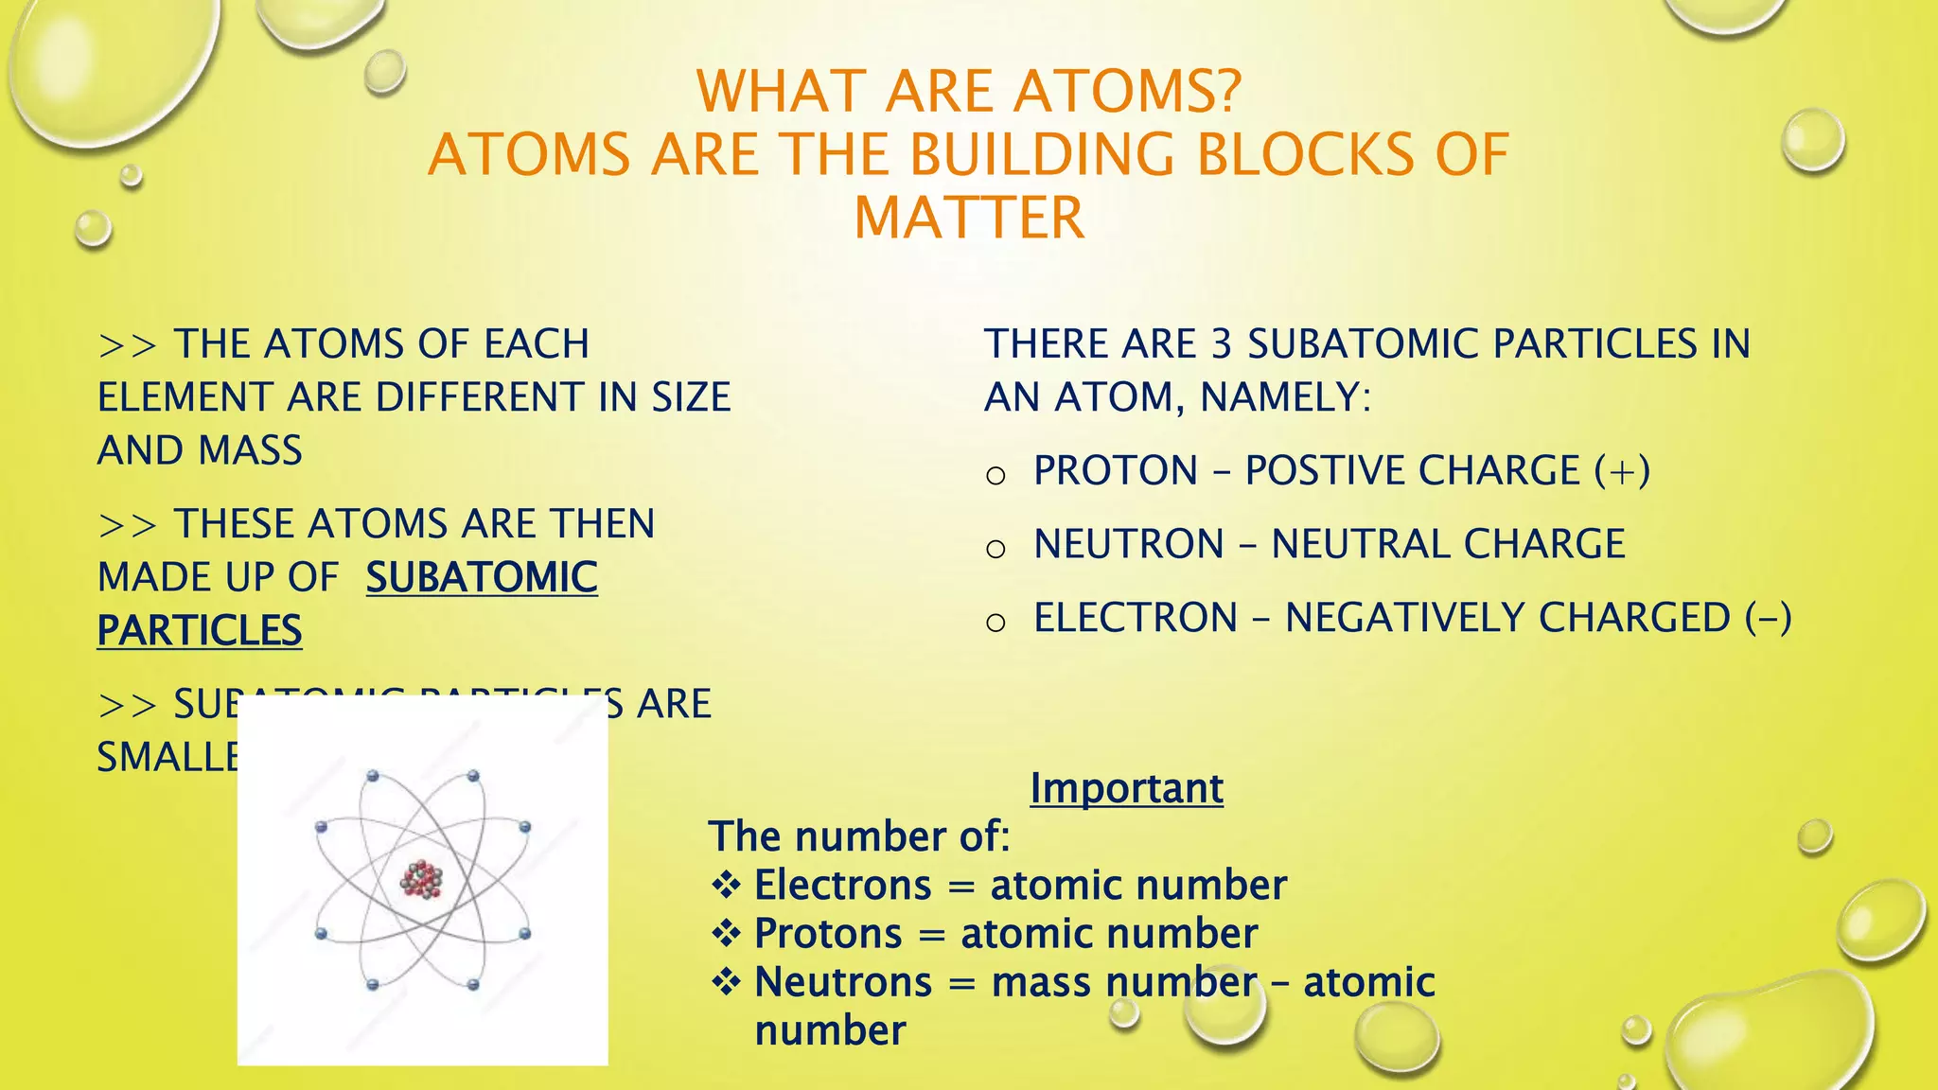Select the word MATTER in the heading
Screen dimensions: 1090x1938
968,219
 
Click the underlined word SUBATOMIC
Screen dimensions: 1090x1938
482,577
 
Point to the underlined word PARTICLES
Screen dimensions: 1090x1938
200,631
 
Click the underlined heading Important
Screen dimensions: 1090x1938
1126,788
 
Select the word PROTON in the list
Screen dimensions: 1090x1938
1116,471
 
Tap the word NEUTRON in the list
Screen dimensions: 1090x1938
1129,545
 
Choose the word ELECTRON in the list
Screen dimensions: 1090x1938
1136,618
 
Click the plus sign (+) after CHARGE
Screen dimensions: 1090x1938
1622,471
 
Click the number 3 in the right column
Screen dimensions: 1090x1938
1222,344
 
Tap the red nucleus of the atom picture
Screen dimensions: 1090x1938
422,879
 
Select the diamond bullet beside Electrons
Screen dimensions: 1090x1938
726,886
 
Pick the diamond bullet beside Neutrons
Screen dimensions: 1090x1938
726,982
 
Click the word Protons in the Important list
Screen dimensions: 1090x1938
828,934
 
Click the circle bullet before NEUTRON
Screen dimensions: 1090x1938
995,548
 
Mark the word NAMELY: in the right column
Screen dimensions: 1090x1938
1285,397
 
